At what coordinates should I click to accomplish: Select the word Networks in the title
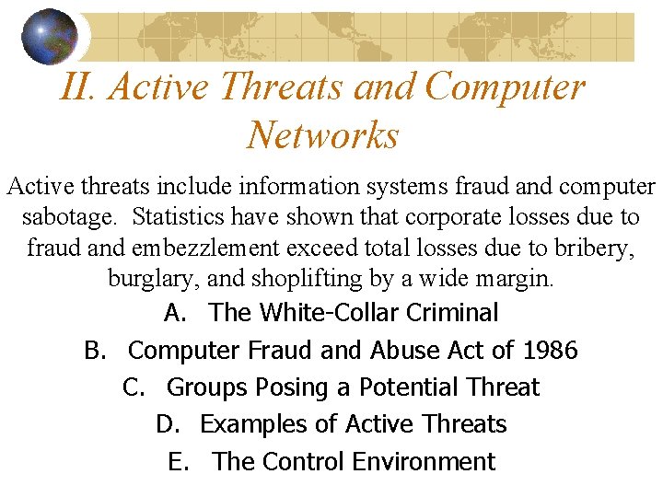pyautogui.click(x=322, y=135)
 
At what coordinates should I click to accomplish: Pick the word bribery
pyautogui.click(x=599, y=248)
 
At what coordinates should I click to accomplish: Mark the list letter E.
pyautogui.click(x=177, y=461)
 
